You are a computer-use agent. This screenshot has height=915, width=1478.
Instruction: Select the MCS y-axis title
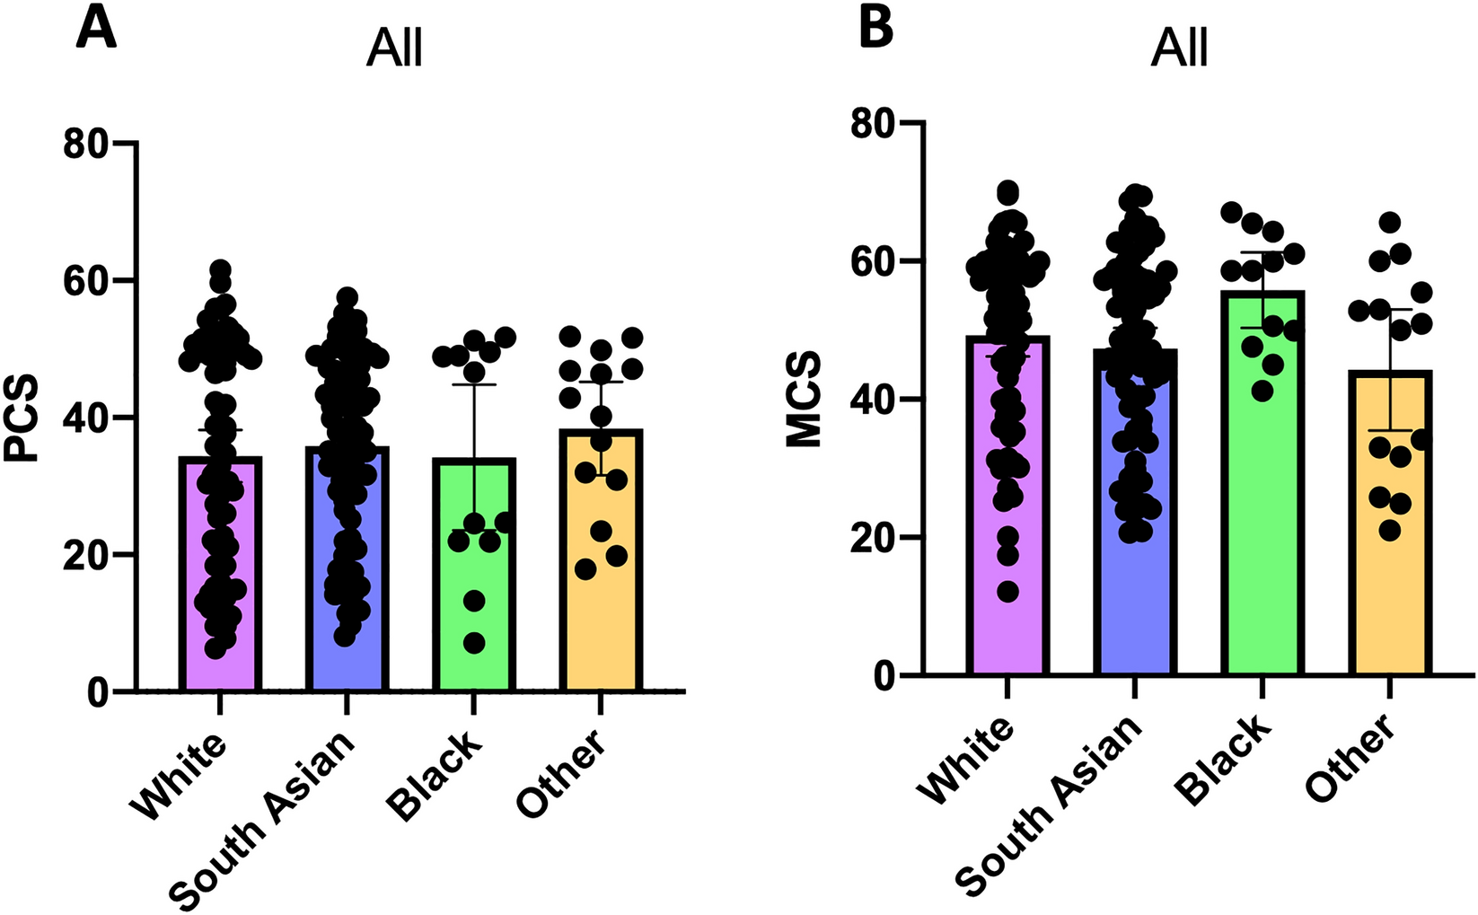tap(804, 400)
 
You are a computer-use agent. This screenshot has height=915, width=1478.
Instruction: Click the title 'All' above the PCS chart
tap(394, 48)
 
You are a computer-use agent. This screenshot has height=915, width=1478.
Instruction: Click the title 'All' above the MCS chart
tap(1179, 48)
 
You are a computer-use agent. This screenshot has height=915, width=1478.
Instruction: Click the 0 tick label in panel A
tap(98, 692)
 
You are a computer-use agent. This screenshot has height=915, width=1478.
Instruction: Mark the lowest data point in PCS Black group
tap(474, 643)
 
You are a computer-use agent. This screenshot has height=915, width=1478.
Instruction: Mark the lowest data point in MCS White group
tap(1007, 592)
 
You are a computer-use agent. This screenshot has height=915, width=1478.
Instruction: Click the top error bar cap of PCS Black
tap(474, 384)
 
